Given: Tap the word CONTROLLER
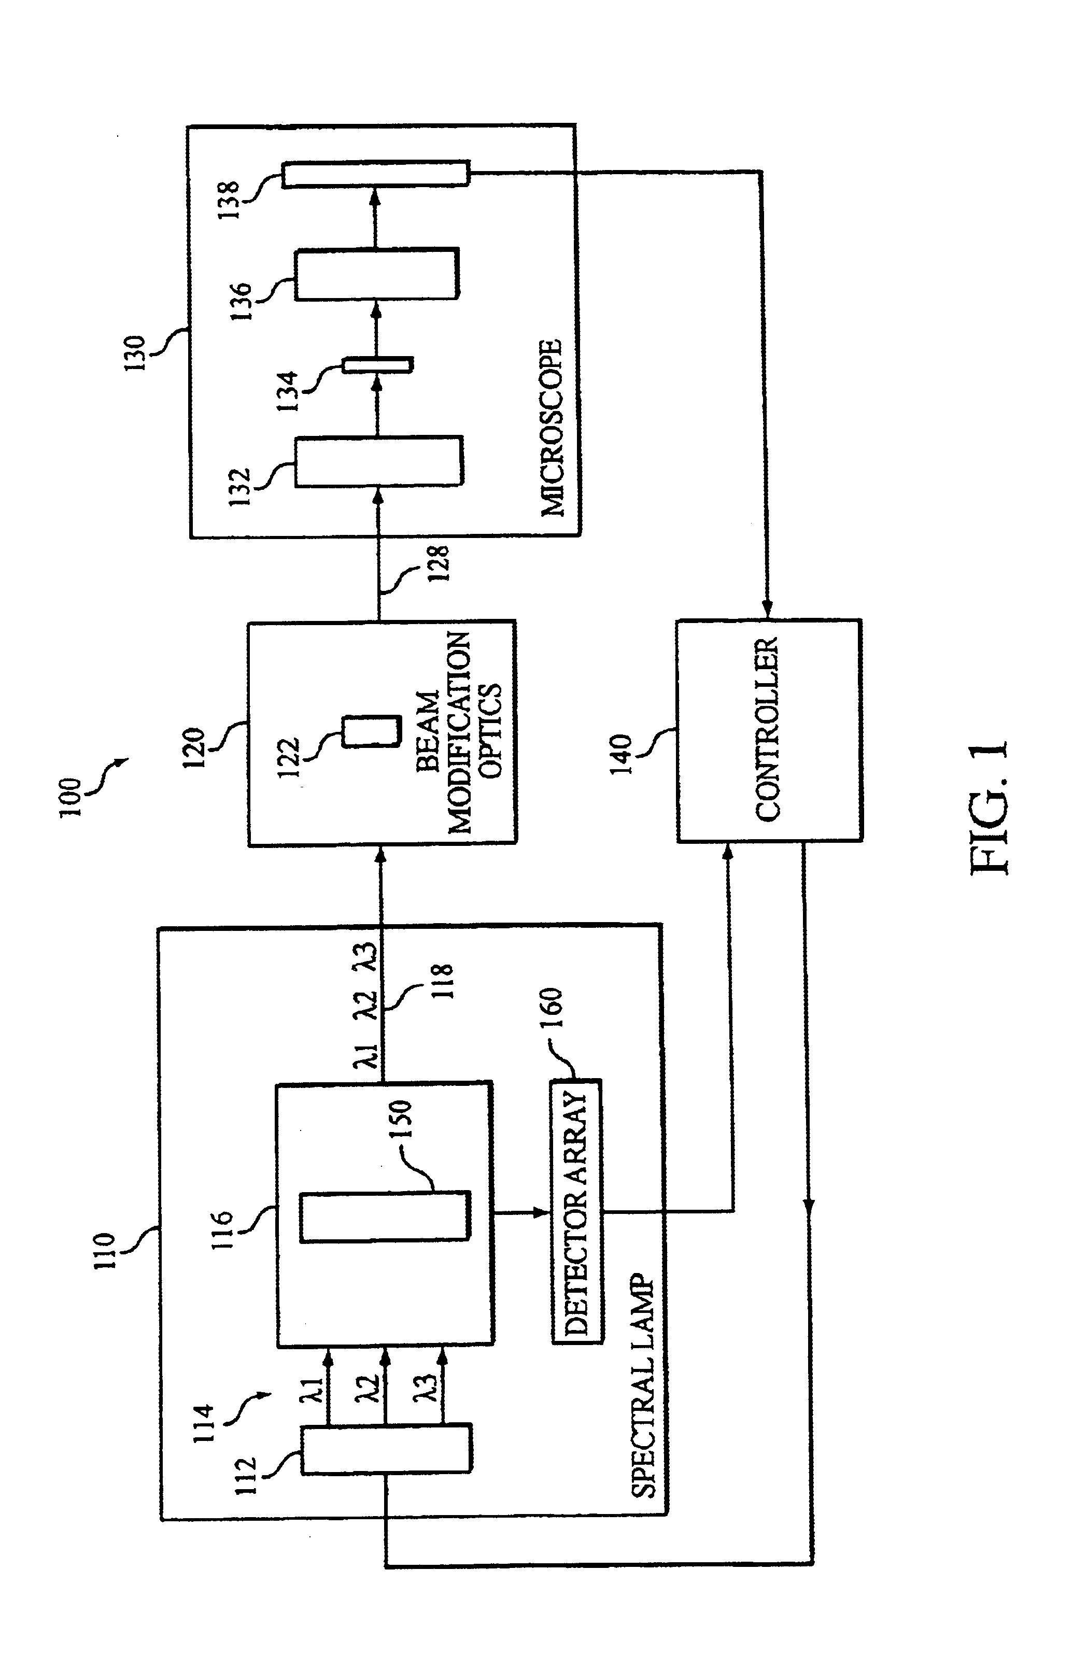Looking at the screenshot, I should coord(767,729).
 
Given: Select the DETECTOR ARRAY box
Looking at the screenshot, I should coord(576,1211).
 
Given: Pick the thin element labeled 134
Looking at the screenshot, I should coord(377,365).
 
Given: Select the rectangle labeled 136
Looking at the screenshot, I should coord(377,274).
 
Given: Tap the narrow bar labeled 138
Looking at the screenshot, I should coord(376,174).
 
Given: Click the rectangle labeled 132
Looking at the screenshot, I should coord(378,461).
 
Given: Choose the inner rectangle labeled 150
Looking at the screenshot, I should coord(384,1217).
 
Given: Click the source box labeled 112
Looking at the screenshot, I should coord(386,1448).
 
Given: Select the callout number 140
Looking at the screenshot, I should coord(622,754).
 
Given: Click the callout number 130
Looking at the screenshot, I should coord(135,353).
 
